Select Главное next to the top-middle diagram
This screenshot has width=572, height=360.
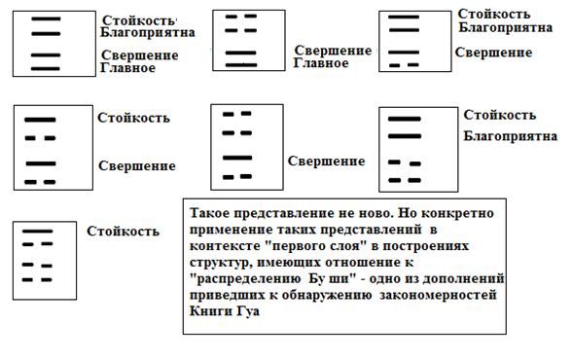click(320, 63)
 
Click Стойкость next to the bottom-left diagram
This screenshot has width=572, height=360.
click(124, 232)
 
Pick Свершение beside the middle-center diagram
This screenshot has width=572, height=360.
click(326, 160)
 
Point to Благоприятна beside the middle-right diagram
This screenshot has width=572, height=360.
click(503, 134)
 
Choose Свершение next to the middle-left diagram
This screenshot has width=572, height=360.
click(137, 166)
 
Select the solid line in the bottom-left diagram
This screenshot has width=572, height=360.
click(38, 232)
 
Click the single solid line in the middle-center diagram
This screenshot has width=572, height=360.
click(237, 157)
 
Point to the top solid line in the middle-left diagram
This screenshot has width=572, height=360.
click(40, 119)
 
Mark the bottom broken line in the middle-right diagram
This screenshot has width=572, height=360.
click(405, 180)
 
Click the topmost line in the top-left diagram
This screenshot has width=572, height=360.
click(45, 19)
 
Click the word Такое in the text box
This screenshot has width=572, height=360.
click(212, 211)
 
